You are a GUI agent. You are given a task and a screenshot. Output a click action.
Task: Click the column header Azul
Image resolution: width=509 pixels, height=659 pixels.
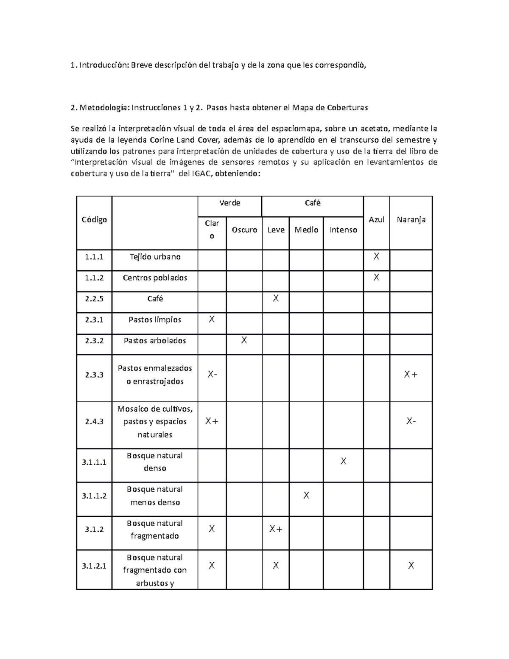[376, 220]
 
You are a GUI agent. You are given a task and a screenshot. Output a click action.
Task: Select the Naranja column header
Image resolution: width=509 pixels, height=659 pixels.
[411, 220]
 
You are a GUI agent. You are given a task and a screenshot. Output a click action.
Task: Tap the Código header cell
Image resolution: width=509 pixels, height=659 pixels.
[94, 220]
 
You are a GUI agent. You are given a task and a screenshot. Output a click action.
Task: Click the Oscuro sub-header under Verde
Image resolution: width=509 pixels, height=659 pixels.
[244, 230]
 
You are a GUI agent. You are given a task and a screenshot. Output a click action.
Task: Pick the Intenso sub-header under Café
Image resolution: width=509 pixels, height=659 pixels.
[343, 230]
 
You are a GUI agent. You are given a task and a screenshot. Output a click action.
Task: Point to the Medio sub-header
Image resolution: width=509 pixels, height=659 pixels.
[306, 230]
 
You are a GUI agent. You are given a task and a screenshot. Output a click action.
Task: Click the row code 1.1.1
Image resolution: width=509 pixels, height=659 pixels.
[94, 257]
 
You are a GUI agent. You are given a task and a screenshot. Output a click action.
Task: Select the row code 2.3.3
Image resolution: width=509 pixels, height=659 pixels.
[94, 375]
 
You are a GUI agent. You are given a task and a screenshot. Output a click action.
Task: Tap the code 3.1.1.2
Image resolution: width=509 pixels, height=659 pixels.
[94, 496]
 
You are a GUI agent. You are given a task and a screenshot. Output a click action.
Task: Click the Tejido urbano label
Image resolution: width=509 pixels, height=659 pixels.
[155, 257]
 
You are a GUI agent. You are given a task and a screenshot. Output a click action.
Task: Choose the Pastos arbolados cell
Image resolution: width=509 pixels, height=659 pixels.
[155, 341]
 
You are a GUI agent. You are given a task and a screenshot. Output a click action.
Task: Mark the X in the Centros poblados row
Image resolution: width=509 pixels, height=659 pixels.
[376, 278]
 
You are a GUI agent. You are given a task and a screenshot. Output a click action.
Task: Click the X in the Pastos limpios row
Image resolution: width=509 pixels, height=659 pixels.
[212, 319]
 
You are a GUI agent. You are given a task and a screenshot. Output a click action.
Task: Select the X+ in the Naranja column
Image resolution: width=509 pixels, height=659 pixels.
[411, 375]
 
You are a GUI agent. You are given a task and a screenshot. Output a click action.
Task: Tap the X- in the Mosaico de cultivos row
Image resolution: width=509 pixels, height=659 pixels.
[411, 421]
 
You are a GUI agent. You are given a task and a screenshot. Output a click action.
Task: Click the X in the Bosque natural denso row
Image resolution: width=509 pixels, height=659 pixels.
[343, 461]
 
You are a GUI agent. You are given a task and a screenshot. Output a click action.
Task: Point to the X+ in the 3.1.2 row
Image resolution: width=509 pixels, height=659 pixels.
[276, 529]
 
